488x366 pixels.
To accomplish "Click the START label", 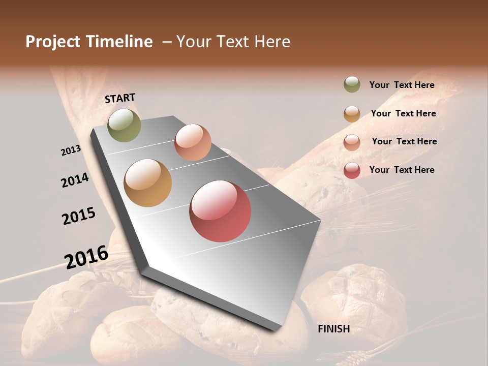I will [x=120, y=98].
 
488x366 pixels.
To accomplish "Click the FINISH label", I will [x=333, y=329].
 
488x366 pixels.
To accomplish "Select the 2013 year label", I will [x=71, y=150].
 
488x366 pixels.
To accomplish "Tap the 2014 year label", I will [x=75, y=180].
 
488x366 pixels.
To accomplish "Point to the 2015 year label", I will [x=79, y=216].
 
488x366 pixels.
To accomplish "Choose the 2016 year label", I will [x=86, y=257].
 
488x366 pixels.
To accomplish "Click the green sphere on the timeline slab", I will [x=124, y=125].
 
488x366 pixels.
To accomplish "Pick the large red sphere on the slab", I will [x=220, y=211].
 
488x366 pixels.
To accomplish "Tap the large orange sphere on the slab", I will [x=147, y=183].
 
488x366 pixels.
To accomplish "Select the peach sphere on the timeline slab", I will [x=193, y=142].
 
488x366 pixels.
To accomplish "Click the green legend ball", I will [x=352, y=84].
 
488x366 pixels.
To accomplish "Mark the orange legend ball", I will [x=352, y=113].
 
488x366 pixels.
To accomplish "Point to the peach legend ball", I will [x=352, y=142].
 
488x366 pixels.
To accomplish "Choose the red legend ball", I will [x=352, y=170].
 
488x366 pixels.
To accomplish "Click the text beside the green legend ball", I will [x=402, y=85].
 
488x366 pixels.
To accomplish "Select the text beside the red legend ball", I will [x=402, y=170].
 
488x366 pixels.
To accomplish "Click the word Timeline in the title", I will [x=119, y=42].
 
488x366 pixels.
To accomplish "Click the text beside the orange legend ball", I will [x=403, y=113].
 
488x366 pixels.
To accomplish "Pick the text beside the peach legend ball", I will [x=404, y=141].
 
